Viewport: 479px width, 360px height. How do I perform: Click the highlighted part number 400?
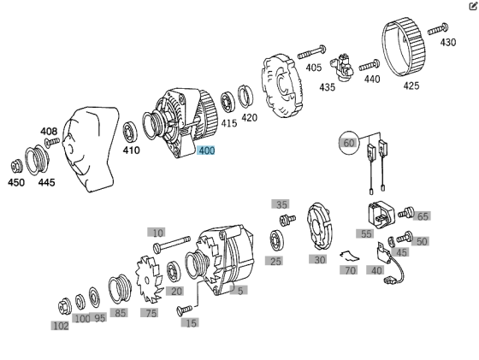206,150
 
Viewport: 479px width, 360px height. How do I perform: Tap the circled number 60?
349,143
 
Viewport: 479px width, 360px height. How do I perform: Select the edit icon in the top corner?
473,6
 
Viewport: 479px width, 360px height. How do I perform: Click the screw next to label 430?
438,29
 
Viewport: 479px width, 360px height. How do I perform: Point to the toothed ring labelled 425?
403,47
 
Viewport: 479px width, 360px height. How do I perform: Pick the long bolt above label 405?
311,52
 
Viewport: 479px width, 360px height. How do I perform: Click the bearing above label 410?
130,132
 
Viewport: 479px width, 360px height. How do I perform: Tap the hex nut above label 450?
16,167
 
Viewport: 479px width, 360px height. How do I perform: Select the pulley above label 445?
37,160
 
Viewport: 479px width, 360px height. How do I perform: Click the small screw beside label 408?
52,142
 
